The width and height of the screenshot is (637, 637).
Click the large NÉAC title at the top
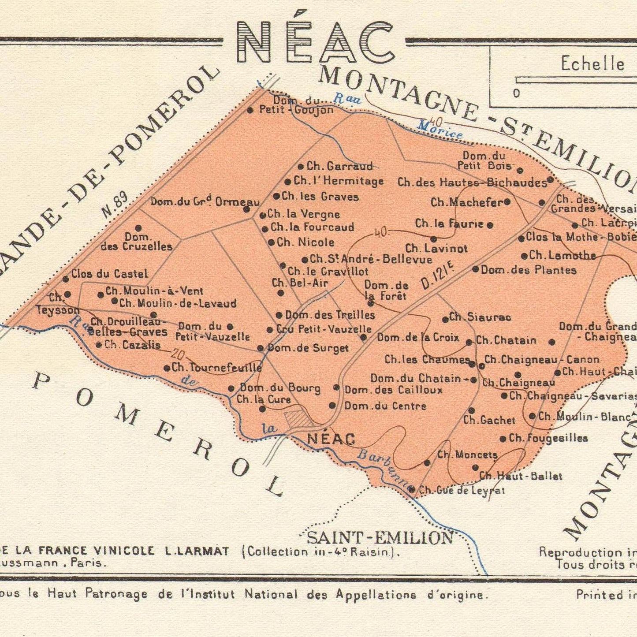tap(315, 42)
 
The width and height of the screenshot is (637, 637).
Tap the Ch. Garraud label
tap(339, 166)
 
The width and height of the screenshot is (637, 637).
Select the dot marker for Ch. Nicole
tap(272, 242)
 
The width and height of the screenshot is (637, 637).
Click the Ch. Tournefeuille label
tap(216, 367)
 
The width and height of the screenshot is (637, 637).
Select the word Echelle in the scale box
tap(592, 64)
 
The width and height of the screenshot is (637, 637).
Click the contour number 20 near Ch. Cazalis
tap(178, 354)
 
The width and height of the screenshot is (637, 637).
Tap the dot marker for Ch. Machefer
tap(507, 202)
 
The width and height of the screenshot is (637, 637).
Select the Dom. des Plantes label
tap(529, 270)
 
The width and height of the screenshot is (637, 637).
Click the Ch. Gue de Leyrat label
tap(462, 490)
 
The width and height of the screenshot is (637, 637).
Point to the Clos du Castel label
tap(110, 274)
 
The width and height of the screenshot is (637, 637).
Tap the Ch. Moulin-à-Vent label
tap(154, 291)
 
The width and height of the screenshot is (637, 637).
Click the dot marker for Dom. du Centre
tap(332, 406)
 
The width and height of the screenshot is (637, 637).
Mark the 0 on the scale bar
tap(516, 93)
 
